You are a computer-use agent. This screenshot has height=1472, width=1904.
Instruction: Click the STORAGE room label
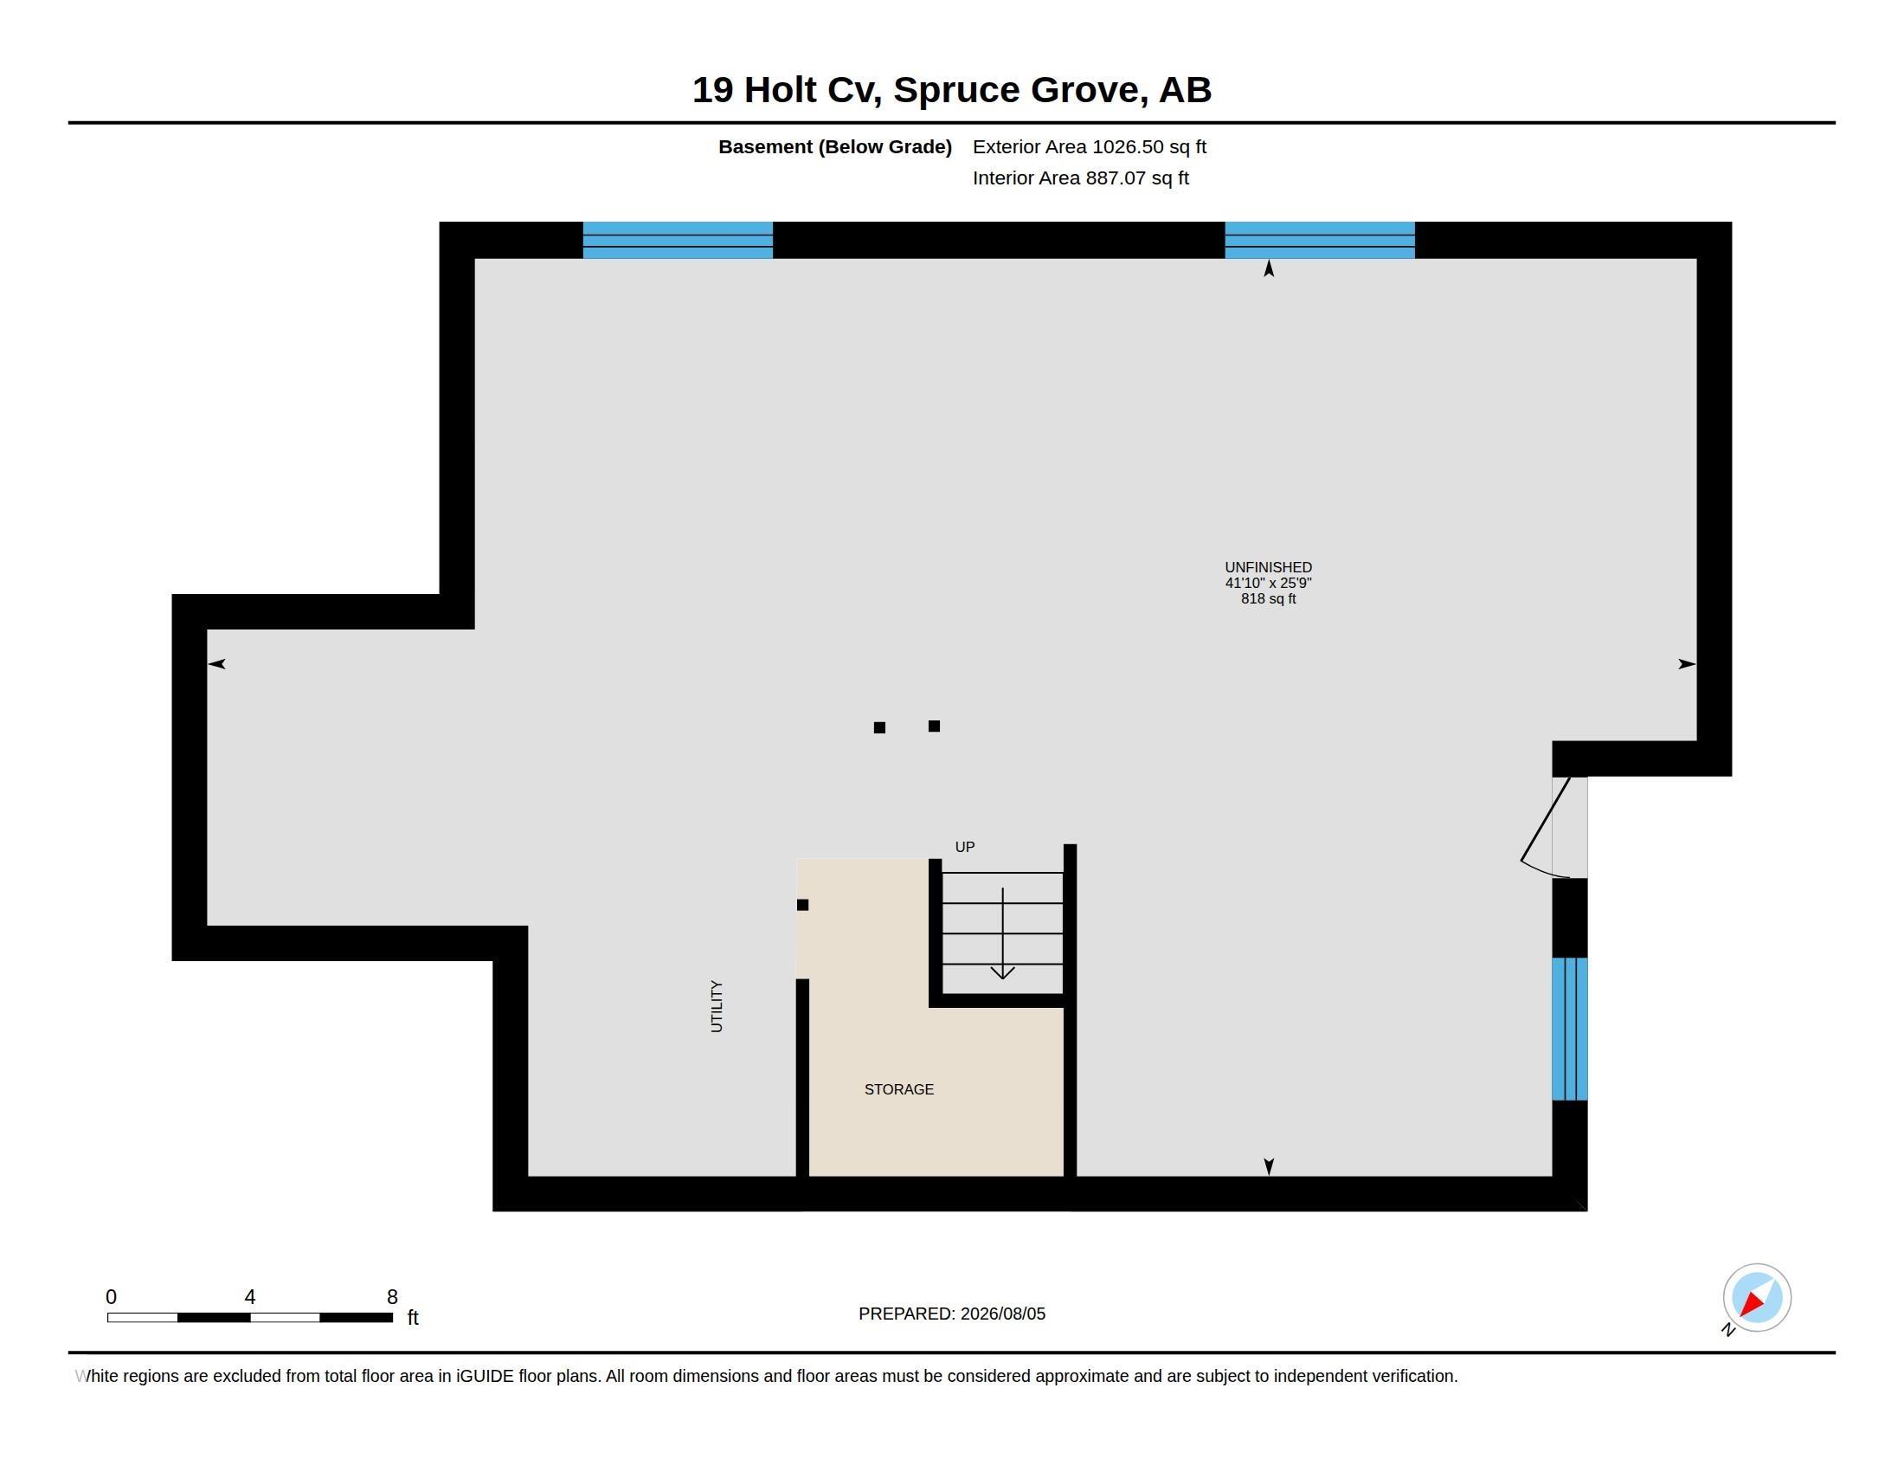[899, 1089]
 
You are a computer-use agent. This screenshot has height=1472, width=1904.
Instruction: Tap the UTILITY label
[717, 1006]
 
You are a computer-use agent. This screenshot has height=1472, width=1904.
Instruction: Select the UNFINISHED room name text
[1268, 567]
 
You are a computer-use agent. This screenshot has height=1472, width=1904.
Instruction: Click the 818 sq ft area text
[1269, 599]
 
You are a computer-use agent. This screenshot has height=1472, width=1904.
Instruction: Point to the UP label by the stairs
[964, 847]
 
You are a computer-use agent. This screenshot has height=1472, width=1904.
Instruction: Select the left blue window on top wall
[678, 240]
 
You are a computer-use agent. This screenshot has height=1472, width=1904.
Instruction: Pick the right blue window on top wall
[1319, 240]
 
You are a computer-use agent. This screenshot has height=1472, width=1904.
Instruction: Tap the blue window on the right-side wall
[1569, 1029]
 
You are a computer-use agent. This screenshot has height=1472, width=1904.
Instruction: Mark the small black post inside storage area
[802, 904]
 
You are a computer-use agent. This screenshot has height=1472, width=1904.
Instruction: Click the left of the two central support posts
[879, 727]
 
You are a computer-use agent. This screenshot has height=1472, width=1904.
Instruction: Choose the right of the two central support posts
[934, 726]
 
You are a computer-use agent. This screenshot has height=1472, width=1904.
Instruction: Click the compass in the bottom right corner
[1756, 1298]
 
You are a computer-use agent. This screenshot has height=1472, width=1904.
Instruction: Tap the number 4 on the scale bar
[250, 1297]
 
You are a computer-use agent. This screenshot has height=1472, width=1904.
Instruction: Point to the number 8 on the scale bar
[392, 1297]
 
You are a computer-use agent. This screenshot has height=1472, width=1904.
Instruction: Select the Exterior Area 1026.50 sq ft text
[1089, 146]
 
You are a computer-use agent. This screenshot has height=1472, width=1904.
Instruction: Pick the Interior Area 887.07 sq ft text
[1080, 178]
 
